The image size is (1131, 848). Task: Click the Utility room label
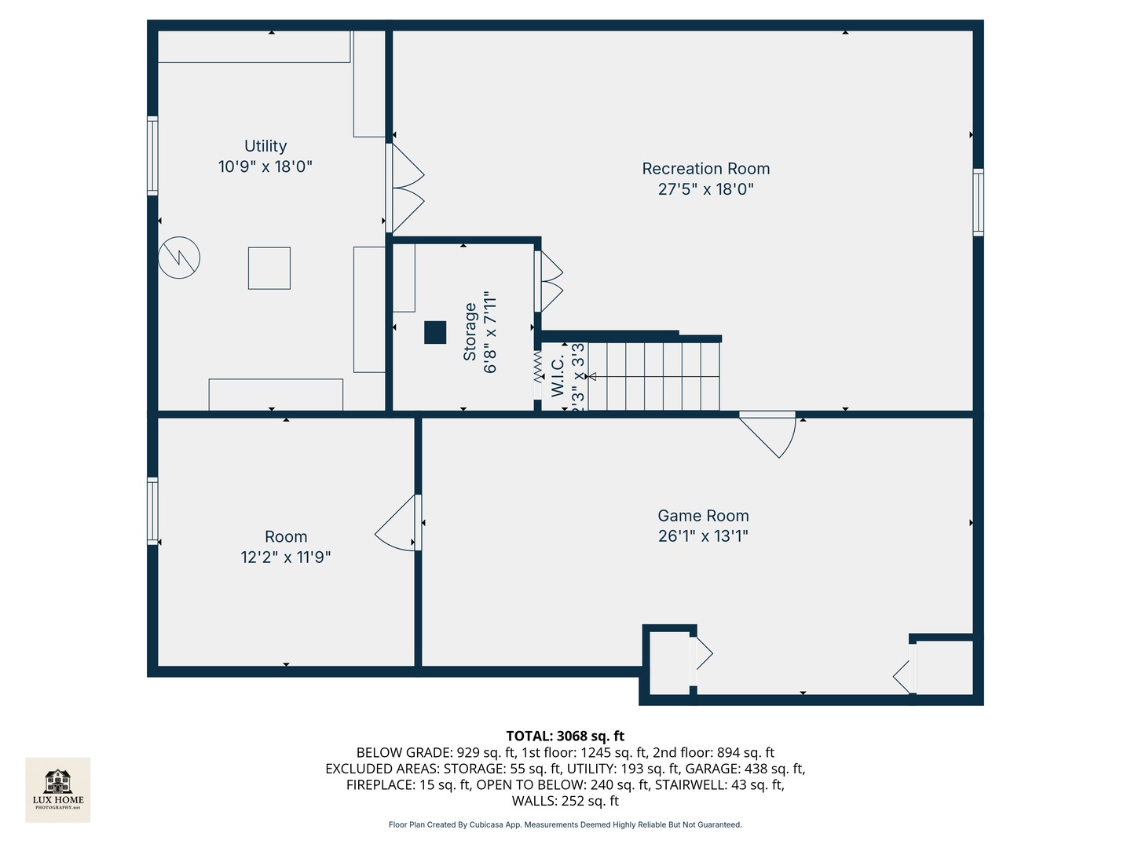(265, 146)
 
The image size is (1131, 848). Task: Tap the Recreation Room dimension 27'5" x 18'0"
(705, 189)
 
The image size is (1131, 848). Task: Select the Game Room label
(703, 516)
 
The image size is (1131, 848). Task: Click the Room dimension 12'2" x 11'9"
(285, 557)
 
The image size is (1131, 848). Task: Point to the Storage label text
(470, 331)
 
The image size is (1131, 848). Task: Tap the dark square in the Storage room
(435, 333)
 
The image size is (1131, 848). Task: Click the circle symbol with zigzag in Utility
(179, 258)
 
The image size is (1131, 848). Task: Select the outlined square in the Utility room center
(269, 268)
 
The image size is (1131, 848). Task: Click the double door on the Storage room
(549, 281)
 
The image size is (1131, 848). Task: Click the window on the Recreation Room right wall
(978, 202)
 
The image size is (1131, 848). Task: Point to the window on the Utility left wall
(152, 155)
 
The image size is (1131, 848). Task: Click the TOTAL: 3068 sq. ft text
(565, 736)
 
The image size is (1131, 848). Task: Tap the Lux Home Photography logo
(58, 789)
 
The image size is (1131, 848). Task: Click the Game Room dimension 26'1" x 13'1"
(703, 536)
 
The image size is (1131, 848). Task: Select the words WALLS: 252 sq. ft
(565, 801)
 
